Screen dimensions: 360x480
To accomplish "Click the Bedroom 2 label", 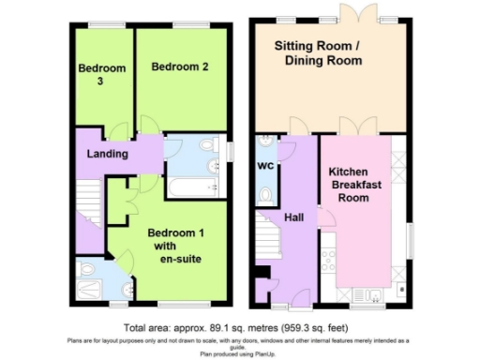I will tap(179, 67).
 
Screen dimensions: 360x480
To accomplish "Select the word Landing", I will tap(108, 154).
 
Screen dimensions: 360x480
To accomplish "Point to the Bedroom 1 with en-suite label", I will tap(178, 246).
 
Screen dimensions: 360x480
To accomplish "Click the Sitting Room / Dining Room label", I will tap(318, 52).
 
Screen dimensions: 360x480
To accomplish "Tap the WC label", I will tap(264, 167).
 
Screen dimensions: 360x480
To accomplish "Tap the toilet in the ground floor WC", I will tap(266, 195).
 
